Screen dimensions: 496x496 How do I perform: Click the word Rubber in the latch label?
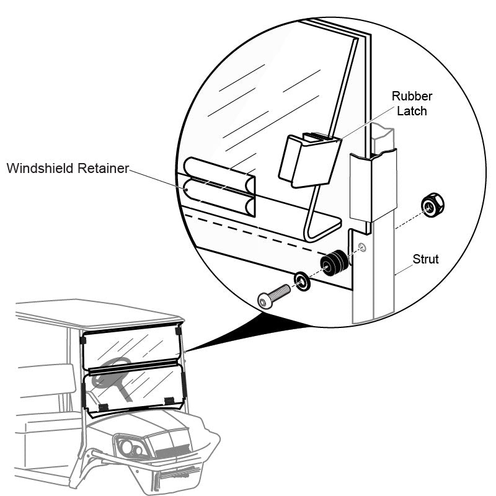coord(412,96)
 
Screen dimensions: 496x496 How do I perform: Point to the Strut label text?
coord(426,259)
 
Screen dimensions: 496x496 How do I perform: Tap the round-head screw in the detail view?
coord(273,294)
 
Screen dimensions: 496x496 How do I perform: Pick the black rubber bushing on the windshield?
coord(334,263)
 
